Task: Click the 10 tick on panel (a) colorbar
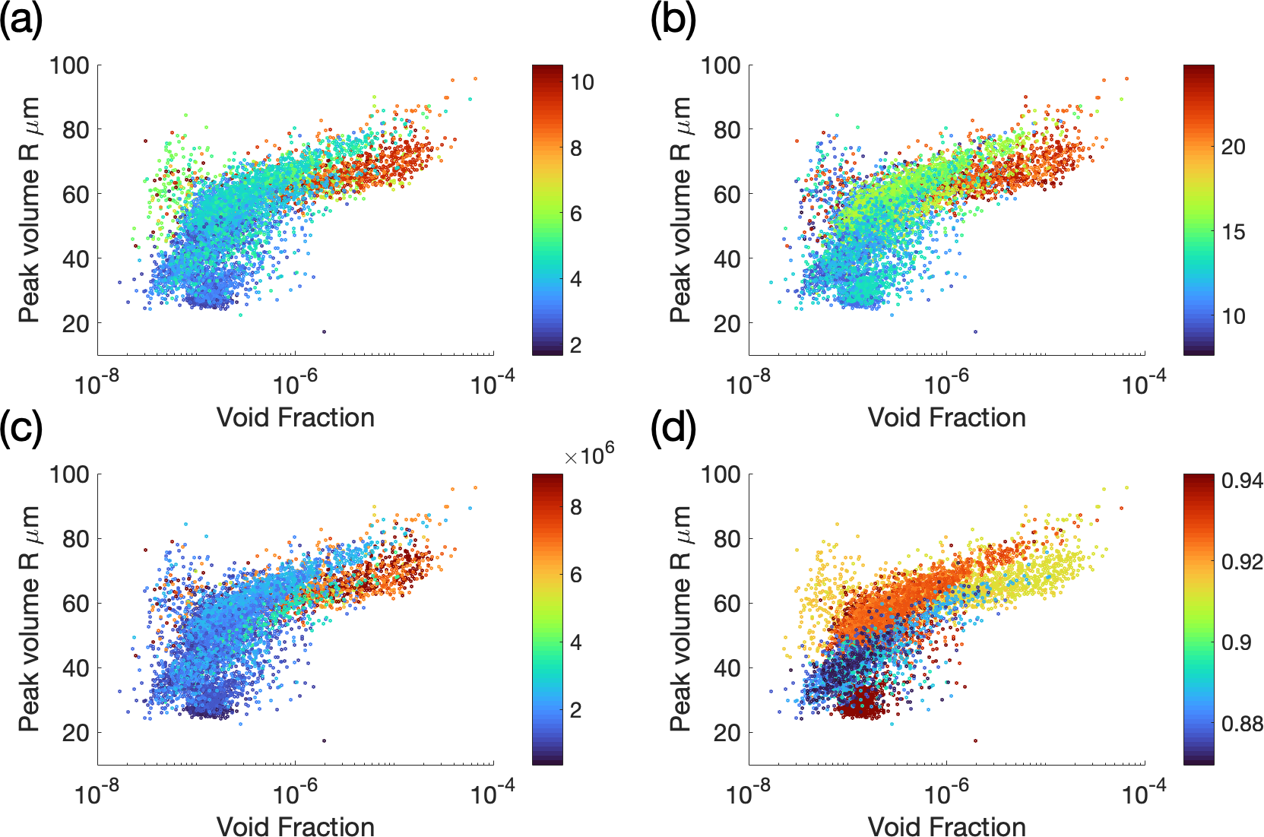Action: [582, 82]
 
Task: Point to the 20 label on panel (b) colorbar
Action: [1233, 147]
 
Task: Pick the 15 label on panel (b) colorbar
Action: [1233, 232]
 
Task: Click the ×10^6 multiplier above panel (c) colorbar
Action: [589, 455]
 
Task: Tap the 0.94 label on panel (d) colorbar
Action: [1242, 480]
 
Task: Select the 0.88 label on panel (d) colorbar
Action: [1242, 723]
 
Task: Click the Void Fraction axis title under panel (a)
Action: [296, 417]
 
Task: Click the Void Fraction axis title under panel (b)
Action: [947, 417]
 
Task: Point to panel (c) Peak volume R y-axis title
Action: [29, 618]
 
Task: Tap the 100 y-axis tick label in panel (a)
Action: [69, 65]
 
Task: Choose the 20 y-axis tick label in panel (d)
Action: [727, 733]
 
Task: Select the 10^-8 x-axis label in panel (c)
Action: [97, 793]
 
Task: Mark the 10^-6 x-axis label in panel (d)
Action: [947, 793]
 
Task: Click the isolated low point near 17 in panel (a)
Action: [325, 331]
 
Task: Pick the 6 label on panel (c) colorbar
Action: [576, 575]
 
